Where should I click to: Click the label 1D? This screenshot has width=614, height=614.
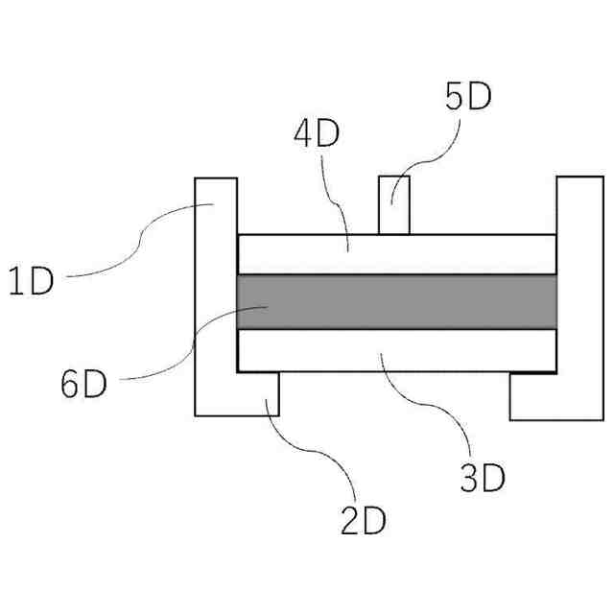pyautogui.click(x=32, y=284)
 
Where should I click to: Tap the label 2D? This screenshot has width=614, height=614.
pyautogui.click(x=364, y=520)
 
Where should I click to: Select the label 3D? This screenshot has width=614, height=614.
pyautogui.click(x=482, y=477)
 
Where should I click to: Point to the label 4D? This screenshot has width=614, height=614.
pyautogui.click(x=317, y=134)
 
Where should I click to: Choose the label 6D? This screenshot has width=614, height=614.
pyautogui.click(x=83, y=385)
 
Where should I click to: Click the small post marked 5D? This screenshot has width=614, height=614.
pyautogui.click(x=395, y=204)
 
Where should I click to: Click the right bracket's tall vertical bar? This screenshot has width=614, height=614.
pyautogui.click(x=579, y=278)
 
